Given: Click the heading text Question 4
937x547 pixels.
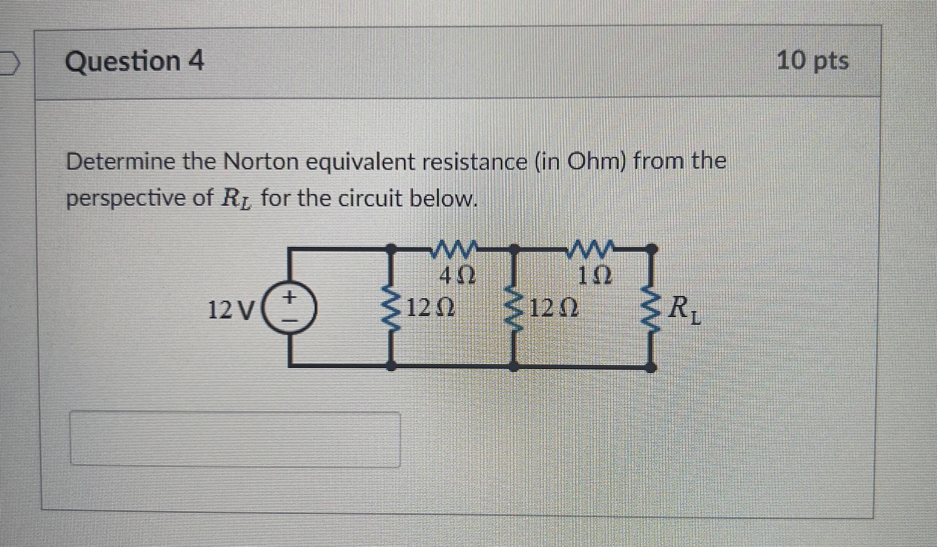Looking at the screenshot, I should pos(134,61).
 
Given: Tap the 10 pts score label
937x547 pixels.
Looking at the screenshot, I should pos(813,61).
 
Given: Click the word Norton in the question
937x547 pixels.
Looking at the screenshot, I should pos(261,162).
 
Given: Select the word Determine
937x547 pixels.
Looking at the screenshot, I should pos(121,162).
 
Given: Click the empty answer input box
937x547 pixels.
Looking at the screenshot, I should pos(235,438).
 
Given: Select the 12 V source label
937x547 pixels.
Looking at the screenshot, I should pos(230,309).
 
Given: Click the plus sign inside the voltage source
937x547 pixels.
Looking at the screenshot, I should pos(289,298).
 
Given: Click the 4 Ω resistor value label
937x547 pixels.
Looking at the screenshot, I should pos(458,275).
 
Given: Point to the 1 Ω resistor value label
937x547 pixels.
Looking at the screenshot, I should pos(594,275).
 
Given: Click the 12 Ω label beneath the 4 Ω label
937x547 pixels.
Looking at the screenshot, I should pos(431,307).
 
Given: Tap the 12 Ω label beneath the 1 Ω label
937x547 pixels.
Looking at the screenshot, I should pos(554,307).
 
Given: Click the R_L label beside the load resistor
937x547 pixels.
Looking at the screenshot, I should pos(684,309).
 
